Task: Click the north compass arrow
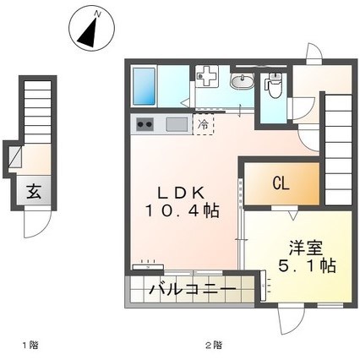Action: pos(89,31)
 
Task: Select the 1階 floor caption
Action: pos(30,345)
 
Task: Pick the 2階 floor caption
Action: pos(215,345)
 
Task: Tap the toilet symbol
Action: pos(273,87)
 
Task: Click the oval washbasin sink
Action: pos(241,81)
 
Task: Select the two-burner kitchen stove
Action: pos(145,125)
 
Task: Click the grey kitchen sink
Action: pos(177,125)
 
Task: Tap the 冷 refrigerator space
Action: pos(203,124)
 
